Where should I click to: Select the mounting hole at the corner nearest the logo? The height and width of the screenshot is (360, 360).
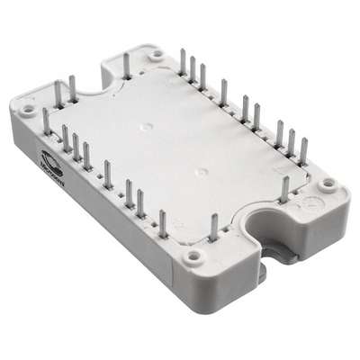pos(27,112)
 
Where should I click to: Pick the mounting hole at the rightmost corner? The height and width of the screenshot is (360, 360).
pos(328,184)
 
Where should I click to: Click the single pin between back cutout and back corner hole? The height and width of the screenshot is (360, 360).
pos(126,65)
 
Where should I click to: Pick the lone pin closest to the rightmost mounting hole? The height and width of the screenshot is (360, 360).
pos(285,189)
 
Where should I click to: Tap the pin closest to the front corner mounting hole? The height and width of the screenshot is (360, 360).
pos(213,227)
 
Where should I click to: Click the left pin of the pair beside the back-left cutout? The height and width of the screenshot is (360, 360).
pos(58,94)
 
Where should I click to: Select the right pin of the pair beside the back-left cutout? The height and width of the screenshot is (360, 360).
pos(72,88)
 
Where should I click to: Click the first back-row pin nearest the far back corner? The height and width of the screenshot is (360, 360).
pos(183,62)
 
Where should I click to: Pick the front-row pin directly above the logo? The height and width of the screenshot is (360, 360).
pos(47,121)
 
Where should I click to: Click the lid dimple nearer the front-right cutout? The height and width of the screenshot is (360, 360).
pos(202,171)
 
